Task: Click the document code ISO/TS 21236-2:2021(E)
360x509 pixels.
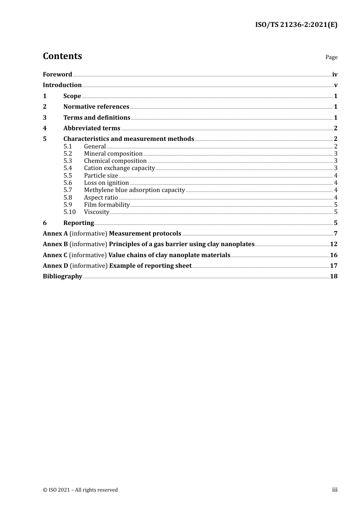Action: (296, 25)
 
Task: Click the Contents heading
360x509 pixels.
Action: (62, 56)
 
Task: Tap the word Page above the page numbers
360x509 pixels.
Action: (331, 57)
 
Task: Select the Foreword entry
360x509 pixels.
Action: (57, 75)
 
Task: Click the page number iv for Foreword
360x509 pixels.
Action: (335, 75)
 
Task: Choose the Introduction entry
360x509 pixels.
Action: (62, 85)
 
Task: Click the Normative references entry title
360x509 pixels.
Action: (96, 107)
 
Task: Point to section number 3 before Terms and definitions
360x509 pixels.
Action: (45, 118)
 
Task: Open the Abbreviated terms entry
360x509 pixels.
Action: (92, 128)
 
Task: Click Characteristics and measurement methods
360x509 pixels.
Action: (128, 139)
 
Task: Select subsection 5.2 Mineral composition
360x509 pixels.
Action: (113, 154)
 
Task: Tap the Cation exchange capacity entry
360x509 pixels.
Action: (119, 168)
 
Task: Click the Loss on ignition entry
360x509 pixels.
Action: (106, 183)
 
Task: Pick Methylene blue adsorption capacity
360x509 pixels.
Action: (134, 190)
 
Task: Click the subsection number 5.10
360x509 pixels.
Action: (69, 212)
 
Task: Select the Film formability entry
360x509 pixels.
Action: (107, 205)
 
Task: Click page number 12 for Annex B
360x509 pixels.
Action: (333, 244)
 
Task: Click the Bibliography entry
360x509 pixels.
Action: (63, 276)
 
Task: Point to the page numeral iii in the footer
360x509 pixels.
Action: (335, 490)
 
